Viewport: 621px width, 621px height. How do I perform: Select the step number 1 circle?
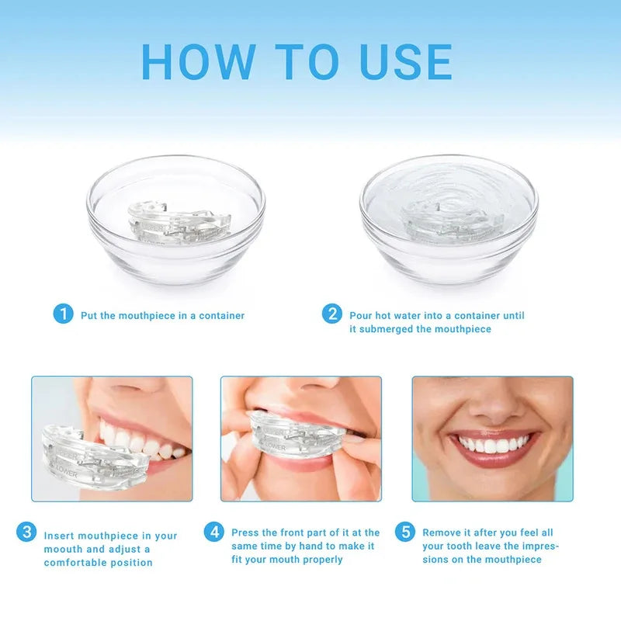[x=63, y=314]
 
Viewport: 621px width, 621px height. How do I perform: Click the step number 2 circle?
[x=332, y=314]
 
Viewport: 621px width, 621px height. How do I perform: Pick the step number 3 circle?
[x=26, y=533]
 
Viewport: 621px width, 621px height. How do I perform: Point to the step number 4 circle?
[x=214, y=532]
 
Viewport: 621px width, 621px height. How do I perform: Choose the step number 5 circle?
[x=404, y=532]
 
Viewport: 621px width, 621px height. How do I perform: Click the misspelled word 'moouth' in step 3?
[x=63, y=550]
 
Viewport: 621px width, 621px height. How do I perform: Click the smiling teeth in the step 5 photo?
[x=494, y=446]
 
